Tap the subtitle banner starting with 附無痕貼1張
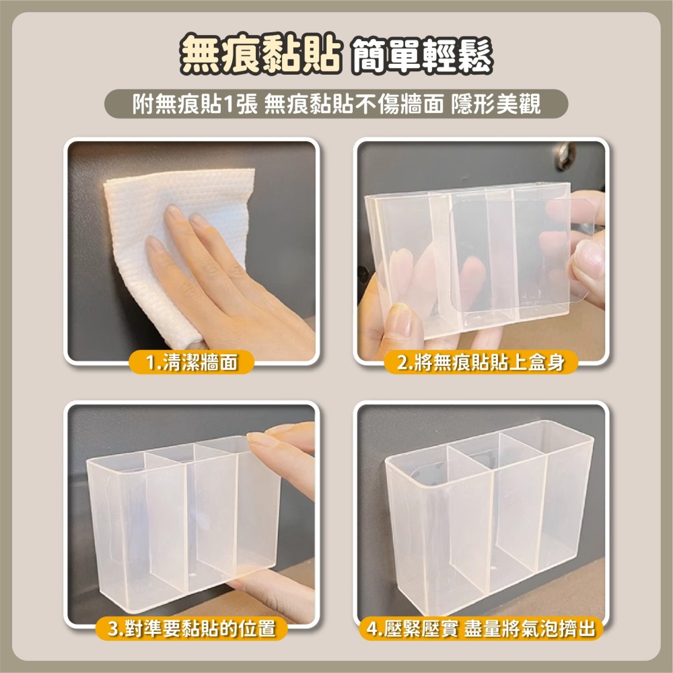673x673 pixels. (336, 104)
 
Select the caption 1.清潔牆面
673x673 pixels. (192, 363)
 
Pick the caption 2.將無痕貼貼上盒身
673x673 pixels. (479, 363)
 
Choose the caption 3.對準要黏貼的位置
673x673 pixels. (192, 629)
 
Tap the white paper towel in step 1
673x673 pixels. (168, 202)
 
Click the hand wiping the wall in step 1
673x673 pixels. (222, 283)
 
